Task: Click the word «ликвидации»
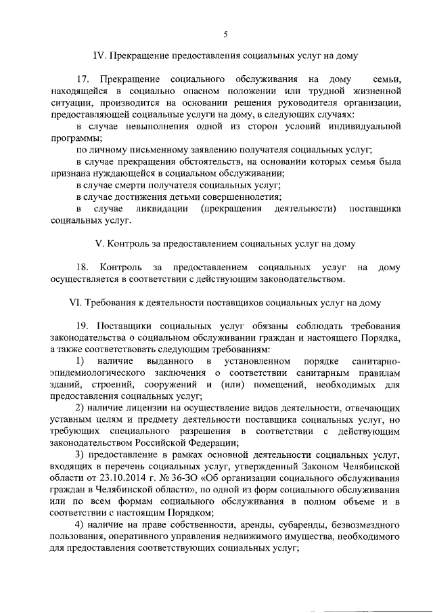162,208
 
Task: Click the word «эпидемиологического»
97,373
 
